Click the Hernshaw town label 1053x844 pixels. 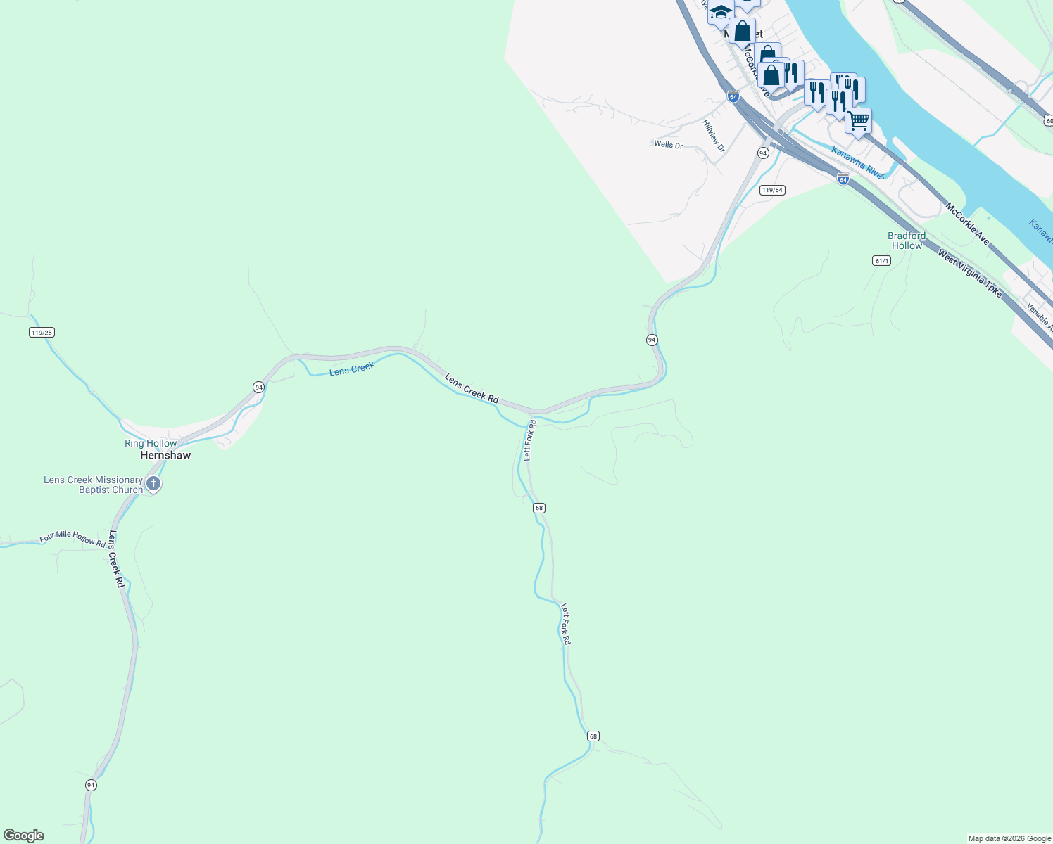(165, 455)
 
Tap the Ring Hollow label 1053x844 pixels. (151, 443)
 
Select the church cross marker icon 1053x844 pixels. (153, 484)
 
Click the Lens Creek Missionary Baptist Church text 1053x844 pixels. (94, 485)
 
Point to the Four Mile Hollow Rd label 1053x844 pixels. (72, 539)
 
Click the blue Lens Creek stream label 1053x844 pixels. (352, 369)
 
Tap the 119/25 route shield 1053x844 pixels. (42, 332)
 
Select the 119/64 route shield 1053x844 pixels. (772, 190)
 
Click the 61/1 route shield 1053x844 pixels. (881, 260)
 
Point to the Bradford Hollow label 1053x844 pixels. (907, 241)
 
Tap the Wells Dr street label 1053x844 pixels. (668, 145)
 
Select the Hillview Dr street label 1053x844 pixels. (714, 136)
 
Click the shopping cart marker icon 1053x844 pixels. (858, 121)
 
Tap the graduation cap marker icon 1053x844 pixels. (721, 12)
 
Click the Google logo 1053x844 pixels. (24, 836)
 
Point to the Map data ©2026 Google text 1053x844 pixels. (1009, 838)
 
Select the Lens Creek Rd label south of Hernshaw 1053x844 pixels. (116, 559)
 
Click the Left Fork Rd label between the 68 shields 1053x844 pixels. (566, 624)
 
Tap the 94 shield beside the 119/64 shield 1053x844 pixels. (763, 153)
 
